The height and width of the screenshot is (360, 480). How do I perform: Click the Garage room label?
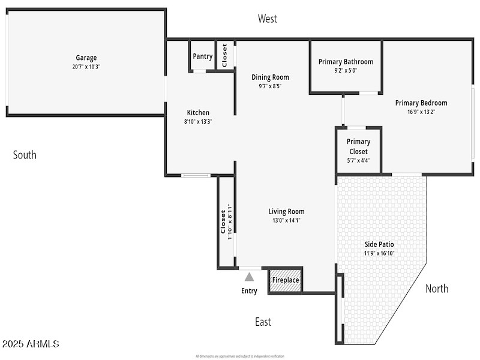coord(86,58)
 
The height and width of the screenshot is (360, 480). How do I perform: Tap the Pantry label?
coord(203,56)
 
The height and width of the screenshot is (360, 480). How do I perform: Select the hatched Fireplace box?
coord(285,280)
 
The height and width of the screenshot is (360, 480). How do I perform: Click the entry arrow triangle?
coord(249,277)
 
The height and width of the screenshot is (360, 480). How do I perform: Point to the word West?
coord(268,19)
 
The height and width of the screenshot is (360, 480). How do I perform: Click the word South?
coord(25,155)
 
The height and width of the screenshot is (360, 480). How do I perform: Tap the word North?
coord(437,289)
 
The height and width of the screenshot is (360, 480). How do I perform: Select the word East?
coord(263,322)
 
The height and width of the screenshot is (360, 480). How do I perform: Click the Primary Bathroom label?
coord(346,62)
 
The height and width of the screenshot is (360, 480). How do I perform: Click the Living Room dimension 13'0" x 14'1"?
coord(286,220)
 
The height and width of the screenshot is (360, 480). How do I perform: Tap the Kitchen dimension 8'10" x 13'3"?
coord(198,121)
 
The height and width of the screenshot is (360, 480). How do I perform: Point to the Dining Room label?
coord(270,77)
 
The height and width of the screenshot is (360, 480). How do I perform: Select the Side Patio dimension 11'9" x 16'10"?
coord(379,253)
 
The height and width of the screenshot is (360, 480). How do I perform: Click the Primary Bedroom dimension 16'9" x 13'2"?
coord(421,111)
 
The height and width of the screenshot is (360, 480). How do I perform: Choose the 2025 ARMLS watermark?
coord(31,344)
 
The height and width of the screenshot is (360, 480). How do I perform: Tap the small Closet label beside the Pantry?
coord(225,55)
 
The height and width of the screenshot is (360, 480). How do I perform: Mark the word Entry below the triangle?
coord(249,291)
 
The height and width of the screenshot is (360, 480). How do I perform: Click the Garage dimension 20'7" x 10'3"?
coord(86,67)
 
